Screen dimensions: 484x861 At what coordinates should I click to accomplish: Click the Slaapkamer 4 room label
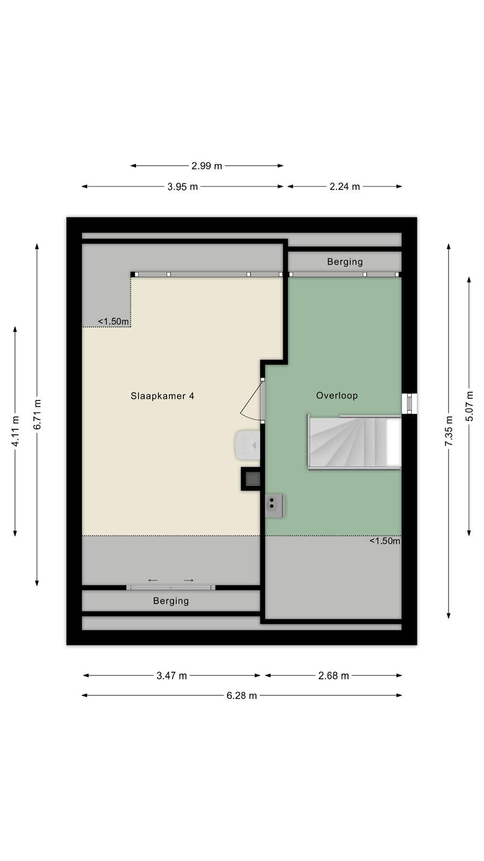coord(162,396)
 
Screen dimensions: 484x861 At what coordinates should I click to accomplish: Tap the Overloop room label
coord(337,396)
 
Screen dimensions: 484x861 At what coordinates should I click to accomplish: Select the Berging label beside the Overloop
coord(345,262)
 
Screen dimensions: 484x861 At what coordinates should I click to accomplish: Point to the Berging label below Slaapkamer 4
coord(171,601)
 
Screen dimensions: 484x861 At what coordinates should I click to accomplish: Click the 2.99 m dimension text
coord(207,166)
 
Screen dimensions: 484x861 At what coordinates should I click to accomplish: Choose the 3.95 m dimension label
coord(182,187)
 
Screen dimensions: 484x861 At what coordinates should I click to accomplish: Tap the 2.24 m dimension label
coord(345,187)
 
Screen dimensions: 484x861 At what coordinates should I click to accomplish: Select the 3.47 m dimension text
coord(172,676)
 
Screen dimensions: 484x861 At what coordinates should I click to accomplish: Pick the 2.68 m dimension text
coord(333,676)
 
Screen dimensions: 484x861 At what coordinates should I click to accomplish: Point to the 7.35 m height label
coord(449,431)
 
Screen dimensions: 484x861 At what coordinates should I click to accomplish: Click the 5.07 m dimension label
coord(469,406)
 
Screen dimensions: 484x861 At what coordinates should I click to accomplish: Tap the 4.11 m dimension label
coord(16,431)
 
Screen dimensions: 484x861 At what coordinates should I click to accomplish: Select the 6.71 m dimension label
coord(37,415)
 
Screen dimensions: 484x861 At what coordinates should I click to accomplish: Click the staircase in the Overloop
coord(354,442)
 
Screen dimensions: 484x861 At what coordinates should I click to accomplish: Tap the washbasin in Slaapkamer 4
coord(248,445)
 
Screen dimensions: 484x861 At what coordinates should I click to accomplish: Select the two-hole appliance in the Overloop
coord(275,506)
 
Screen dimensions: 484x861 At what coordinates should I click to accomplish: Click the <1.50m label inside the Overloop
coord(385,541)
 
